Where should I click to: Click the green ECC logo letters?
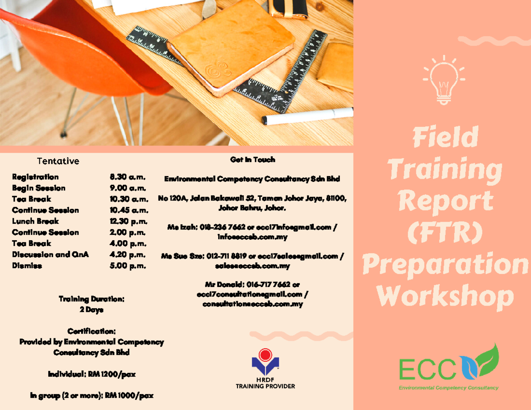click(x=427, y=370)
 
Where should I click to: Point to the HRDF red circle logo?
click(x=265, y=355)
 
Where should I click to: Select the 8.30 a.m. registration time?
click(x=127, y=177)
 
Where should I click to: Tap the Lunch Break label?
click(x=35, y=221)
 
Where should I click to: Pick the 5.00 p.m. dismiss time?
click(x=127, y=266)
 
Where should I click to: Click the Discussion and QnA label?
click(x=50, y=255)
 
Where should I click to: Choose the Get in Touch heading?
click(x=253, y=160)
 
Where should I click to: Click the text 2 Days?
click(x=92, y=310)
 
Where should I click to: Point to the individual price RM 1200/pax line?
click(x=92, y=375)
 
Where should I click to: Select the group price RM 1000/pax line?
click(x=92, y=395)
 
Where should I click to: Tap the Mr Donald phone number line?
click(x=252, y=284)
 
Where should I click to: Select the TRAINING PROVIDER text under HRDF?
click(x=265, y=386)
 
